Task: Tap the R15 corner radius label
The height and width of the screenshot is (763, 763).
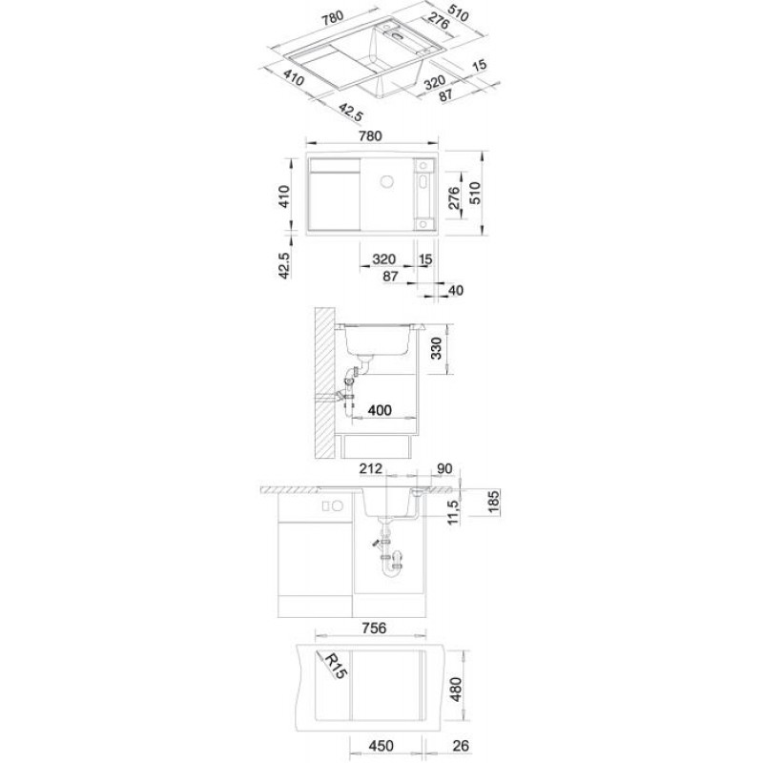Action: point(336,666)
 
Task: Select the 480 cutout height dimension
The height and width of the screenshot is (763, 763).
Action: point(456,689)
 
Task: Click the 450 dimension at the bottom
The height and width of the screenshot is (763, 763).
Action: point(381,746)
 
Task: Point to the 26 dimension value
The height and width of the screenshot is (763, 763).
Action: point(461,746)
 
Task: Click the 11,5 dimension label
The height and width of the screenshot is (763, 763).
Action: point(454,512)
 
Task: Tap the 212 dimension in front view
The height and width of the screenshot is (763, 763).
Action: point(371,468)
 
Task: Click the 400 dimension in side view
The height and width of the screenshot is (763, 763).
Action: point(380,410)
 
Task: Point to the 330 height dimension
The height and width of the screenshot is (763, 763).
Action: point(436,348)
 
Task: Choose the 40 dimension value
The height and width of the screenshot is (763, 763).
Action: point(455,290)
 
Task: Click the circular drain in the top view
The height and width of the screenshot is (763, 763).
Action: point(387,181)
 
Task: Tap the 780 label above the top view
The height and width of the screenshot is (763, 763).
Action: point(370,135)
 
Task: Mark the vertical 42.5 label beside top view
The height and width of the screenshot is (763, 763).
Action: point(284,265)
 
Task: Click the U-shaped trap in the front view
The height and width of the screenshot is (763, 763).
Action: point(392,566)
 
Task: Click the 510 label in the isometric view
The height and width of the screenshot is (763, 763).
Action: point(458,14)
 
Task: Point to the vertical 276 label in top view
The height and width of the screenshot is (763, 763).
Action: point(453,197)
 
